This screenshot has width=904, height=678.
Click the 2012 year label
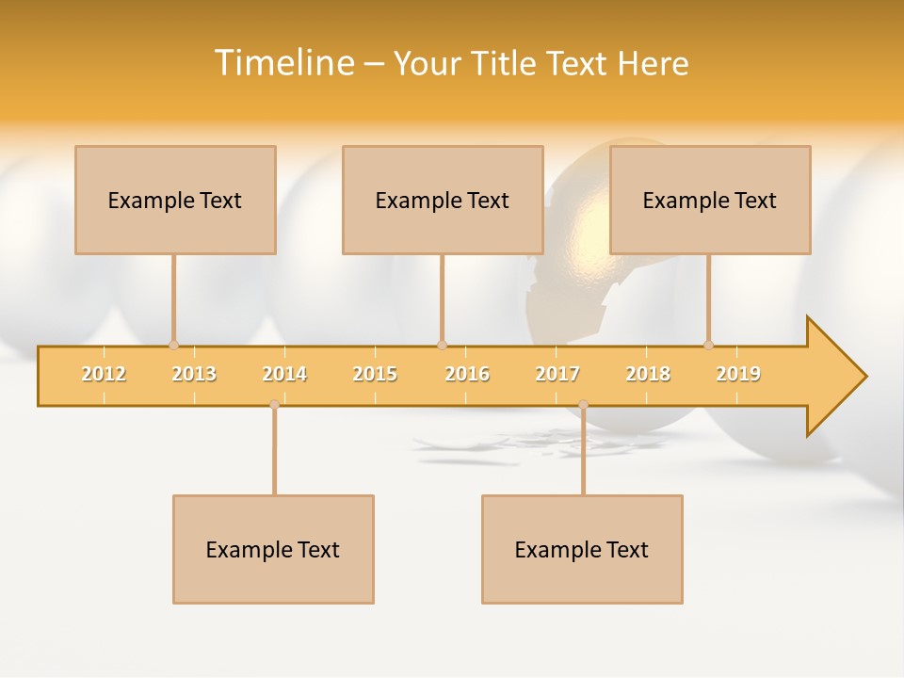point(104,374)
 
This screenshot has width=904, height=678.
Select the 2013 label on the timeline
point(194,374)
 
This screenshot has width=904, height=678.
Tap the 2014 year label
point(284,374)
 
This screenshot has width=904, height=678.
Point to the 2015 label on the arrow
point(375,374)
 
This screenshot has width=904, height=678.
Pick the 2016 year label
point(467,374)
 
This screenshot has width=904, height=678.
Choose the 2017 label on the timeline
point(557,374)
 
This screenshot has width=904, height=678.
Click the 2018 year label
point(648,374)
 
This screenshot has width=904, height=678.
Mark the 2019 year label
point(738,374)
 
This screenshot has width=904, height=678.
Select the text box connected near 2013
point(175,200)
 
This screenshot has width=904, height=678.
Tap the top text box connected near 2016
point(443,200)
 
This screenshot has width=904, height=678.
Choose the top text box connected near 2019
point(710,200)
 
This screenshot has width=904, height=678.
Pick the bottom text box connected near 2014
point(273,549)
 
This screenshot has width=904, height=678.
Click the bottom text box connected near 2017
point(582,549)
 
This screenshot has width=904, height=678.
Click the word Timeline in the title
point(282,63)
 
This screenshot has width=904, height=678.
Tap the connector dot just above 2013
point(173,345)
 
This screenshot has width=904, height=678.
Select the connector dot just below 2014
point(274,405)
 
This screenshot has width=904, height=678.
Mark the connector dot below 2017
point(583,405)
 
